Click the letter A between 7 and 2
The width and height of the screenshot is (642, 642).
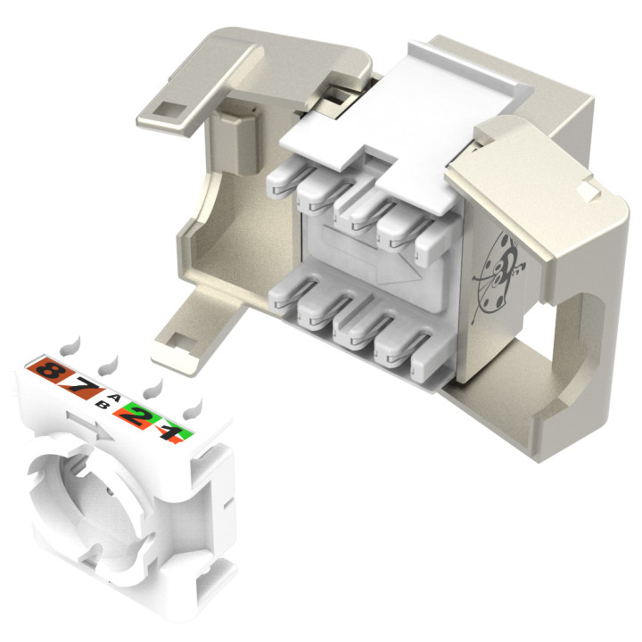[x=113, y=397]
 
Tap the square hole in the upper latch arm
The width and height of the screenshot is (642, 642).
[x=168, y=111]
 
